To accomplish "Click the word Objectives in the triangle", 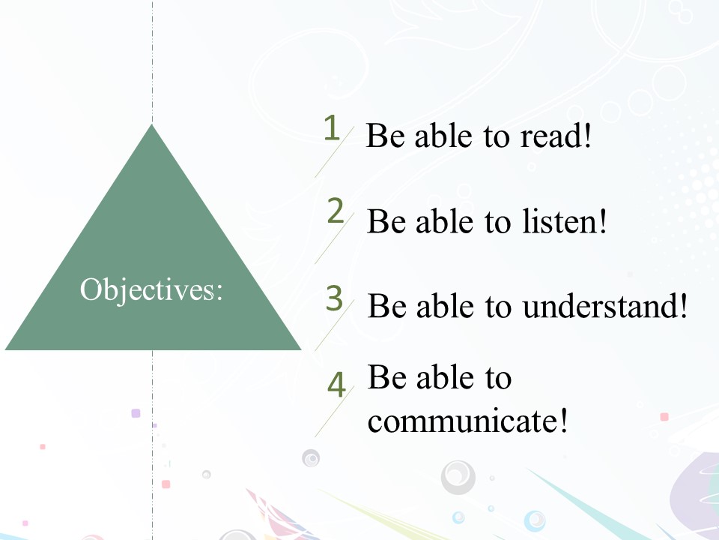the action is pos(147,290).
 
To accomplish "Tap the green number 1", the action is pos(332,127).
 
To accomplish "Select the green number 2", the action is pos(336,211).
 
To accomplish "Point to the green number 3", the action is pos(334,298).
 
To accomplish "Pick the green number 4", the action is pos(336,384).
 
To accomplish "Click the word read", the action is pos(551,136).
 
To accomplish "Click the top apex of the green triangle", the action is pos(152,124).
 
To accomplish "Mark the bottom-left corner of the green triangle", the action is pos(5,349).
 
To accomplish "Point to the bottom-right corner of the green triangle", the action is pos(301,349).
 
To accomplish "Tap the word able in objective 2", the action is pos(444,221).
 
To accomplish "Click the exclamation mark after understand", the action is pos(683,306).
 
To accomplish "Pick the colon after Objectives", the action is pos(219,292).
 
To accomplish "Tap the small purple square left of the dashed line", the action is pos(136,413).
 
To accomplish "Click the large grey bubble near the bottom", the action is pos(458,477).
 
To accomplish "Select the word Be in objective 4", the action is pos(387,377).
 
